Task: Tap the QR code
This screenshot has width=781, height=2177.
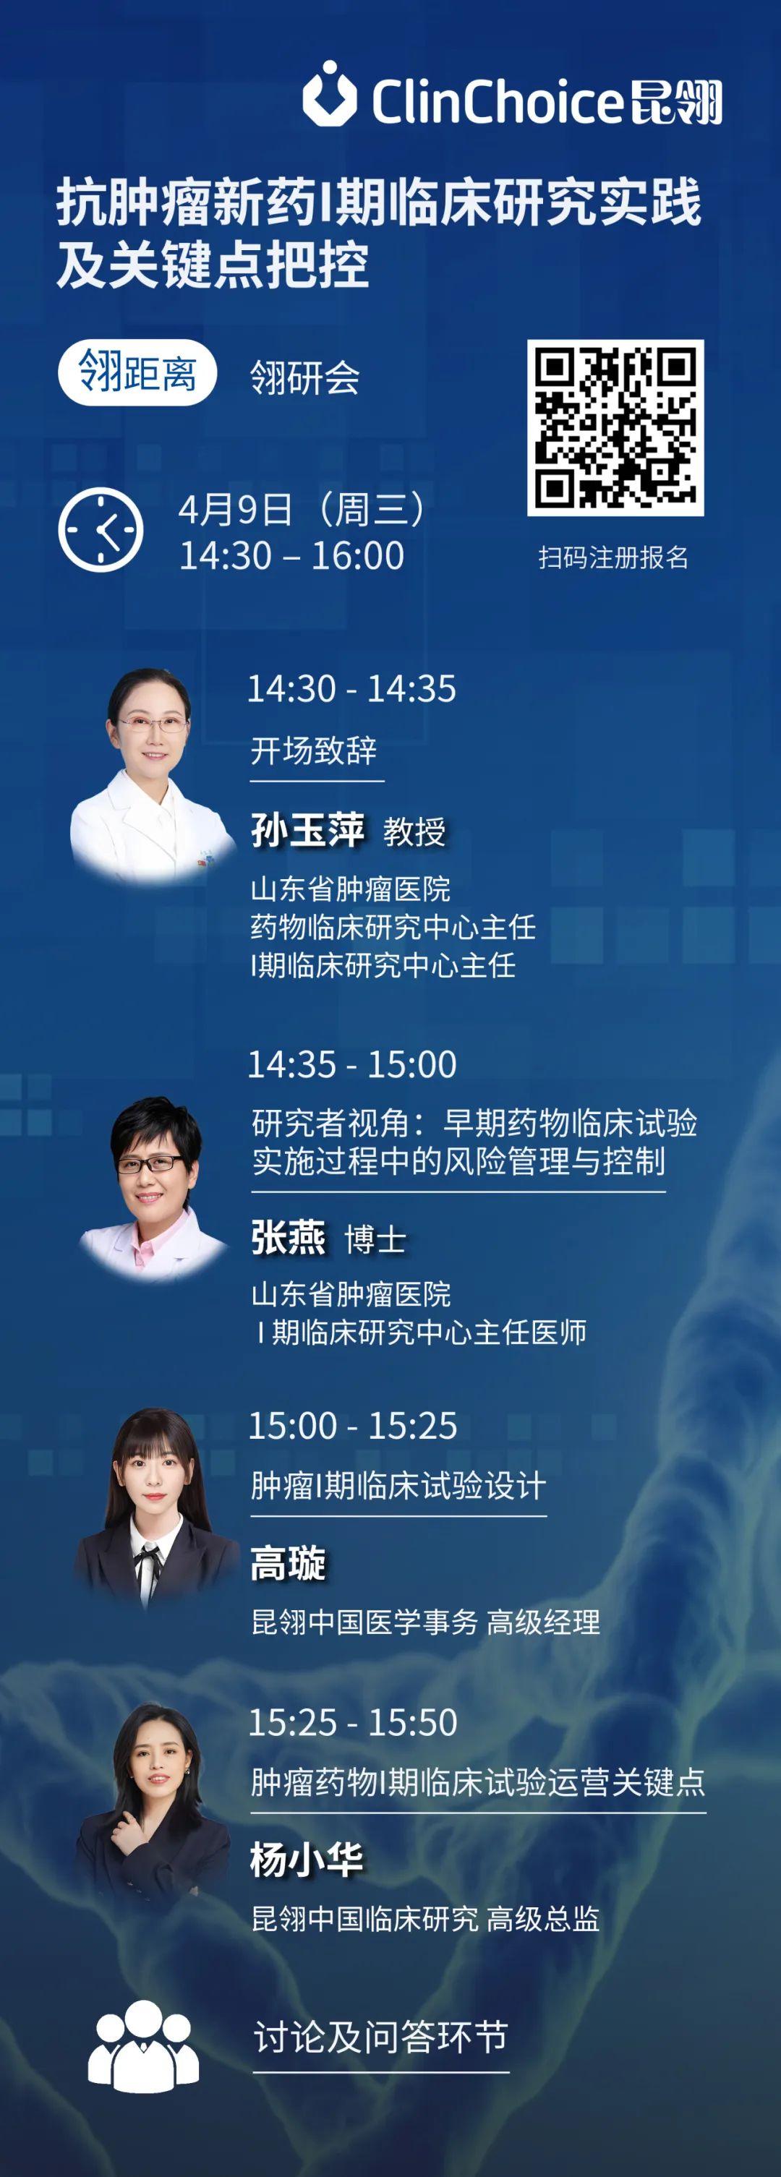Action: (x=615, y=427)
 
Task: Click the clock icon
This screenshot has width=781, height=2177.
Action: (x=101, y=530)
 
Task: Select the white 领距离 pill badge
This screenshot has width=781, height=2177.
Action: (x=137, y=372)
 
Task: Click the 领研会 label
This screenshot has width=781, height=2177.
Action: (x=305, y=377)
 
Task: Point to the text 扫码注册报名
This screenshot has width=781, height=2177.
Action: (x=614, y=557)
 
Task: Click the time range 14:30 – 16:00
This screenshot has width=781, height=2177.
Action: (x=292, y=556)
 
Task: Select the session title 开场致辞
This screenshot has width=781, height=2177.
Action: (x=314, y=750)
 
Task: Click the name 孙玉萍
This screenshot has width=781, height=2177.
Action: (x=307, y=830)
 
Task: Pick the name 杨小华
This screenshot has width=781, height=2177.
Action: (x=307, y=1860)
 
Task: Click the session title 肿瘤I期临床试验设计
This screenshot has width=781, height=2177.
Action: (x=398, y=1486)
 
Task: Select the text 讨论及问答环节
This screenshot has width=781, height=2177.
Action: (x=381, y=2036)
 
